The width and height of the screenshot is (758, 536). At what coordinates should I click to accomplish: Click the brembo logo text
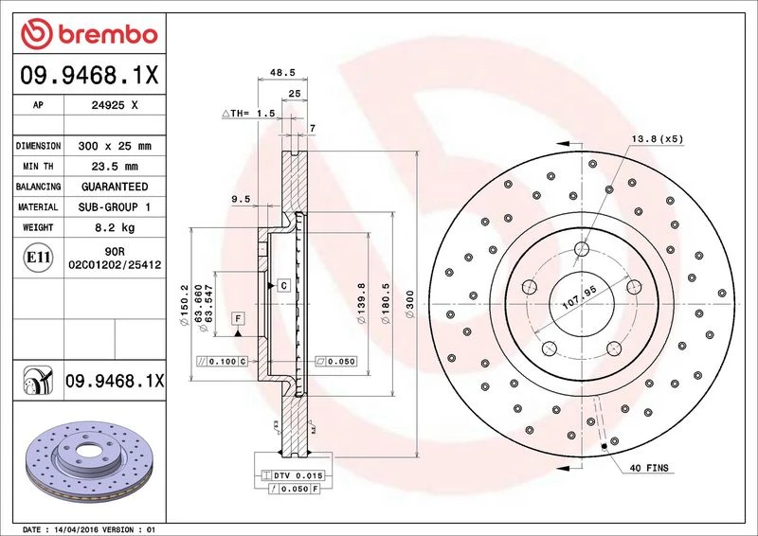(x=108, y=35)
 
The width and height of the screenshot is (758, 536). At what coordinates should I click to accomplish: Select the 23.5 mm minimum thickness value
(x=115, y=167)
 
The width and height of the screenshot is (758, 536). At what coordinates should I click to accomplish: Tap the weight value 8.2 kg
(x=115, y=227)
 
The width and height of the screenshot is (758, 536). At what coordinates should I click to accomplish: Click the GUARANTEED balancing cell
(x=115, y=187)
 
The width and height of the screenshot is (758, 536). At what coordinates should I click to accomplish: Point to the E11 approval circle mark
(x=38, y=258)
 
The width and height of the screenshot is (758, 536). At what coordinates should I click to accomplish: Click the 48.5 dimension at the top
(x=282, y=73)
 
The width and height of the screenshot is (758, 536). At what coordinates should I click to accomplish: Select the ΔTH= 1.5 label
(x=248, y=113)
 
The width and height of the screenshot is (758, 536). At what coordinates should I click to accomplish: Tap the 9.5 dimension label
(x=241, y=199)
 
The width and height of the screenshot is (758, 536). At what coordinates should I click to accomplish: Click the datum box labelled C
(x=283, y=286)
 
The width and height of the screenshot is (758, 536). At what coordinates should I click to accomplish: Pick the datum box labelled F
(x=238, y=318)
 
